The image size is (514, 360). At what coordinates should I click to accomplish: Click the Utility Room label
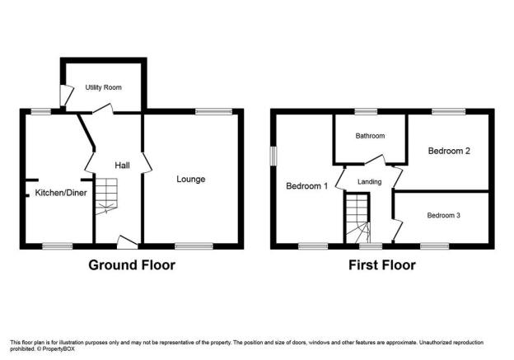(x=103, y=87)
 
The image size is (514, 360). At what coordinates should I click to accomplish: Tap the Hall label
(x=122, y=166)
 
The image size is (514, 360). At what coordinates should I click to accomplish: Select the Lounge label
(x=191, y=179)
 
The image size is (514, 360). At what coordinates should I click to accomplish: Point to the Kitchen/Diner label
(x=61, y=193)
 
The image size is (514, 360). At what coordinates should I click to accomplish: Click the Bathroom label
(x=370, y=136)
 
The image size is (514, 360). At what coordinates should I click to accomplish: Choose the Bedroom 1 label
(x=306, y=186)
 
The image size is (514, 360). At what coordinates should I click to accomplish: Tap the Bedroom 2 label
(x=449, y=151)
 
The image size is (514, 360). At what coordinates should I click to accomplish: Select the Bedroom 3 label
(x=443, y=215)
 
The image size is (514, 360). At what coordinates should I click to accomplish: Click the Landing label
(x=369, y=181)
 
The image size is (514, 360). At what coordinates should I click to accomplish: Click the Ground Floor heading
(x=132, y=265)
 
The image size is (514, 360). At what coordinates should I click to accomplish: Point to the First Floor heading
(x=382, y=265)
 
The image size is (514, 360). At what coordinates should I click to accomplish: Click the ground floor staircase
(x=106, y=196)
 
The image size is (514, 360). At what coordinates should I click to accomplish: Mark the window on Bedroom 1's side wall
(x=273, y=156)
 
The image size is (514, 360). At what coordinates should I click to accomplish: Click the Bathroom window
(x=366, y=112)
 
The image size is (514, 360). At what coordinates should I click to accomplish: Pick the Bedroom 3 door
(x=397, y=229)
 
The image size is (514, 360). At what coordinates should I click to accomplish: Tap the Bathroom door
(x=376, y=159)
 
